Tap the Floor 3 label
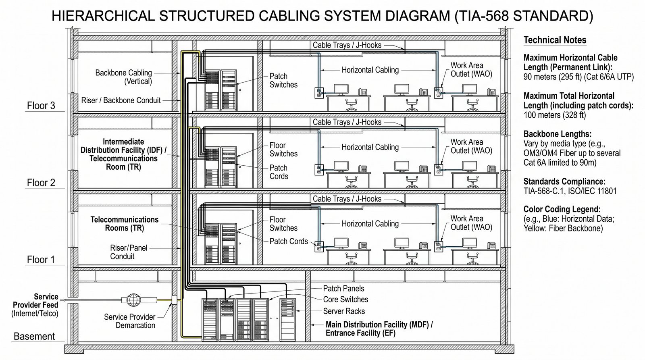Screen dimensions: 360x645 tap(41, 106)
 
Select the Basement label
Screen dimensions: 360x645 tap(34, 336)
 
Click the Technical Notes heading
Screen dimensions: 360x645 tap(555, 40)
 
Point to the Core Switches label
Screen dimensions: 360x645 tap(345, 300)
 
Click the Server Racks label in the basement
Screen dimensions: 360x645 tap(344, 311)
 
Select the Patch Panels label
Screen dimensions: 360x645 tap(343, 289)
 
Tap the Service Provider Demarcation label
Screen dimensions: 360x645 tap(129, 321)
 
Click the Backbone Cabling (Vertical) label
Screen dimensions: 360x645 tap(123, 77)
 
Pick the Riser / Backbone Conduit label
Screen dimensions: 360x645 tap(121, 100)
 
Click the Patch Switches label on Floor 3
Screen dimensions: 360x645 tap(283, 80)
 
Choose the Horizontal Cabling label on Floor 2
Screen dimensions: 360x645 tap(370, 147)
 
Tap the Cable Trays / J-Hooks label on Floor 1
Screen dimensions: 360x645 tap(347, 199)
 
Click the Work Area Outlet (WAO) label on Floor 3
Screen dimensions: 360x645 tap(471, 69)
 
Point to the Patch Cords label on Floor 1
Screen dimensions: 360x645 tap(289, 241)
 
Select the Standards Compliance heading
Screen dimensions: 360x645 tap(564, 181)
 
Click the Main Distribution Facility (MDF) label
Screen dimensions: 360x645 tap(379, 329)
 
